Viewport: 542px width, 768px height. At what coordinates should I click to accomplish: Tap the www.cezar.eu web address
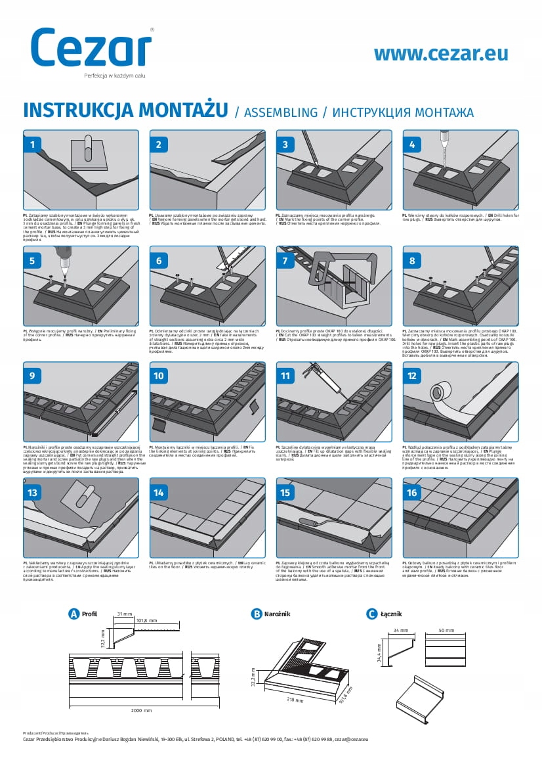440,54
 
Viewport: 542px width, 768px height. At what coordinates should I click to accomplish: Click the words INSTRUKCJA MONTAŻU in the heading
125,110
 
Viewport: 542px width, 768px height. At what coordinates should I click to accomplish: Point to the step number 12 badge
411,376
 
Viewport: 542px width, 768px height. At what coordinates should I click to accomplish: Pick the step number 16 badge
411,492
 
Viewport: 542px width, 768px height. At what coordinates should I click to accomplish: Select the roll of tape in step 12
441,392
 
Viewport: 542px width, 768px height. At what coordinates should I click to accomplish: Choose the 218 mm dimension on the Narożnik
295,700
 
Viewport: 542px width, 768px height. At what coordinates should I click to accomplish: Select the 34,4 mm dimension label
379,654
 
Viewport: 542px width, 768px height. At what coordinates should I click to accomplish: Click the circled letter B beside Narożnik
257,614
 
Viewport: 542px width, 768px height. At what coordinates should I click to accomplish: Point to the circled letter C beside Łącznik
371,614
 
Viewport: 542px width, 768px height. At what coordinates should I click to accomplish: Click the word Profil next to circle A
90,614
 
